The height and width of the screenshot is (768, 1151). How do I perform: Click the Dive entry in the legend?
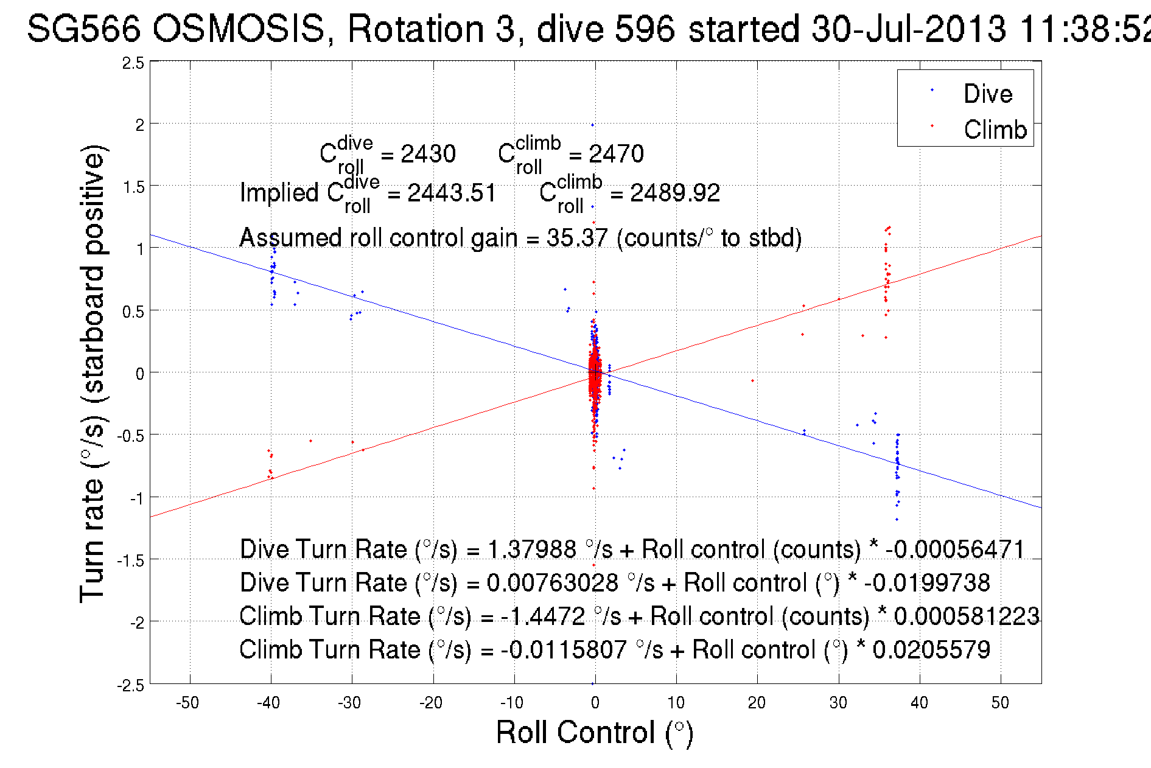(987, 94)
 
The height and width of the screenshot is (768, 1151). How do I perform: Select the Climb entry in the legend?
(995, 130)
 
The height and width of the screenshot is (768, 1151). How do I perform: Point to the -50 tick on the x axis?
(187, 703)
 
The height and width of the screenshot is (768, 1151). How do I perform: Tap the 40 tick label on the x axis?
(919, 703)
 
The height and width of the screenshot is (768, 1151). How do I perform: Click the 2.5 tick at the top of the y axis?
(133, 63)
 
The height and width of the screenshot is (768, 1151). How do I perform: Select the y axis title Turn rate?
(93, 374)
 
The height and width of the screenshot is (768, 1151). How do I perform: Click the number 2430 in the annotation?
(428, 154)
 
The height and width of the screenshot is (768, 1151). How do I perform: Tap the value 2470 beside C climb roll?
(616, 154)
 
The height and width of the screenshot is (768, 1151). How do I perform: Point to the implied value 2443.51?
(452, 193)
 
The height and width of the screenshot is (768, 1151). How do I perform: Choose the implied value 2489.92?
(674, 193)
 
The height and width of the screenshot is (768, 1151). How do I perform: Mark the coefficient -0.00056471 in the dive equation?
(955, 549)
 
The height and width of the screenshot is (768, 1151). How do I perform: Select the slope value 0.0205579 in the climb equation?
(931, 649)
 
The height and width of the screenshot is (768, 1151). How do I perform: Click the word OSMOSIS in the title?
(238, 29)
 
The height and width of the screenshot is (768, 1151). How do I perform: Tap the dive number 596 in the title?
(645, 29)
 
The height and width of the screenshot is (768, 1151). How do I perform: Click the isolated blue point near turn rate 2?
(592, 125)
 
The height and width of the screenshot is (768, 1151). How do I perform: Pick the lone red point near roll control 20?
(753, 381)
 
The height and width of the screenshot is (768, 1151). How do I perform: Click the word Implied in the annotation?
(279, 193)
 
